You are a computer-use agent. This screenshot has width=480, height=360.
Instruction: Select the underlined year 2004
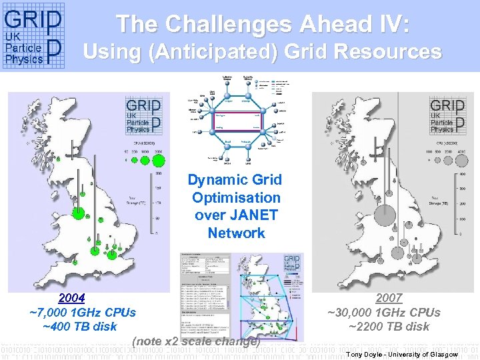click(x=71, y=298)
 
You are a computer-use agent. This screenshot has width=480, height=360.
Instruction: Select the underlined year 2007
click(x=389, y=298)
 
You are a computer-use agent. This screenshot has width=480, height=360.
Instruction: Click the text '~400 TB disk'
click(x=79, y=326)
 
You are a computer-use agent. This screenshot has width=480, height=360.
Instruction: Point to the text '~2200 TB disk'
click(x=389, y=326)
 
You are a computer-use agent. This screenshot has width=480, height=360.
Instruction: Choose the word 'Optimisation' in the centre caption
click(x=236, y=197)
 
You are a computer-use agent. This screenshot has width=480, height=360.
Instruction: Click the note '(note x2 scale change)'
click(x=195, y=341)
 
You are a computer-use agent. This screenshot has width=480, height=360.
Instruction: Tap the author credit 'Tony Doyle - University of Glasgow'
click(x=402, y=354)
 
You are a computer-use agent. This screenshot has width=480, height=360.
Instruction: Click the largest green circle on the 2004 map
click(x=79, y=214)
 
